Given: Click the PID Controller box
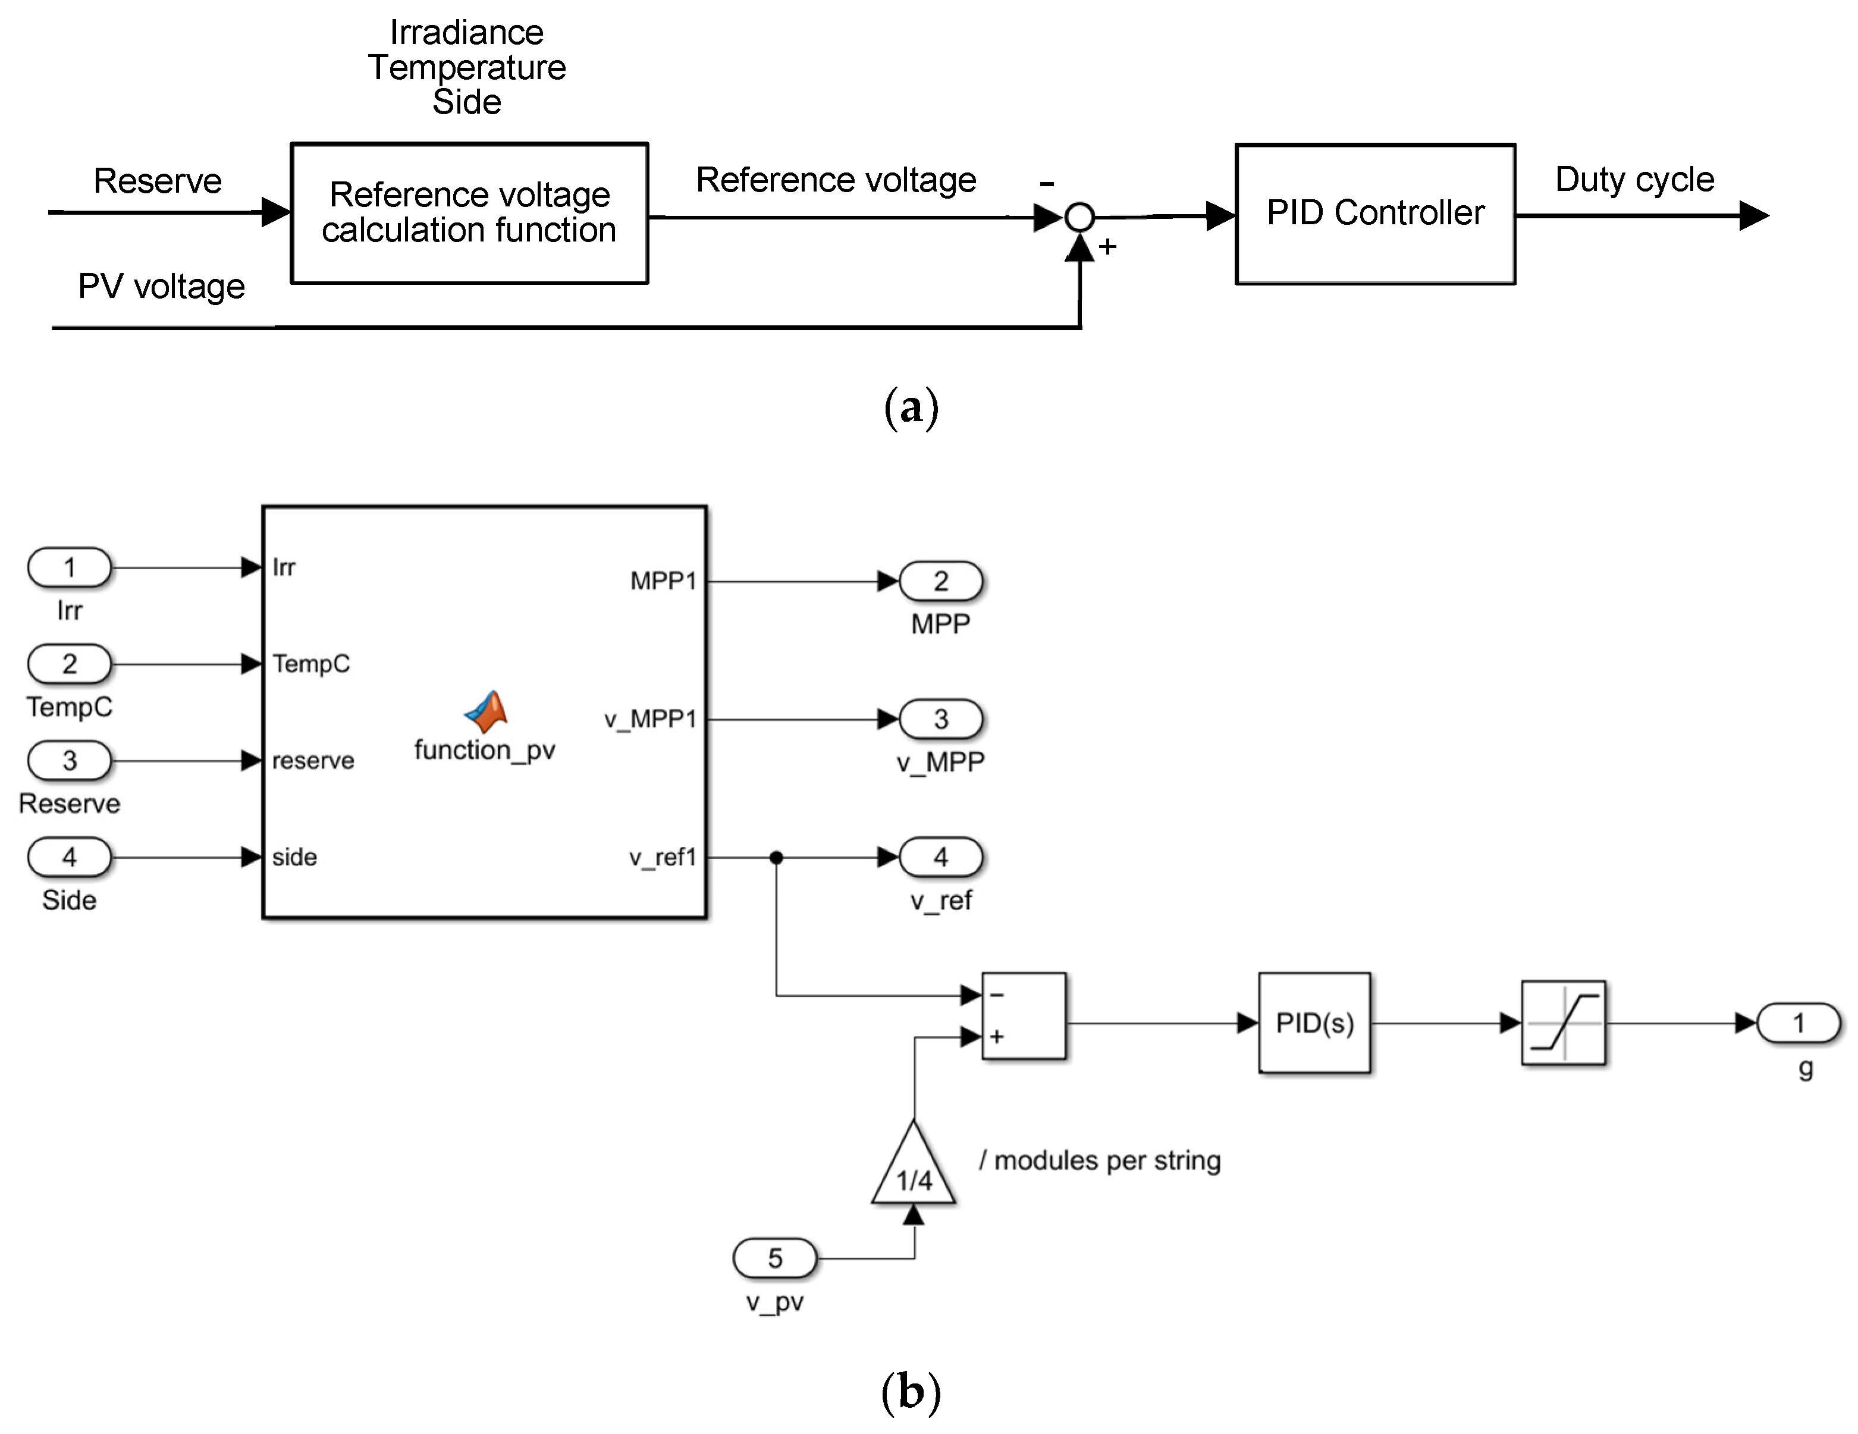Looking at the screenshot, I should [x=1375, y=214].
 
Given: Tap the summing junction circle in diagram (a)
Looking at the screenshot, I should [x=1079, y=217].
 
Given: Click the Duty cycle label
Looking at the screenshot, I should [x=1633, y=180].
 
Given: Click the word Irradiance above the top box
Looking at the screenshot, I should [x=466, y=32].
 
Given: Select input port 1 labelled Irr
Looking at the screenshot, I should [x=70, y=567].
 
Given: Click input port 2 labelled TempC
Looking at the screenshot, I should [x=70, y=663].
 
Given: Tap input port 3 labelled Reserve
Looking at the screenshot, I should [x=70, y=760].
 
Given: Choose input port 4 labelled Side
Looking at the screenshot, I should [x=70, y=856].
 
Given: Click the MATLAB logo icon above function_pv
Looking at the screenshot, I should [x=486, y=712].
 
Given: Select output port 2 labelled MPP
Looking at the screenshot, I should [x=940, y=581].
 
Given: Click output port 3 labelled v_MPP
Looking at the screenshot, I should [x=940, y=720].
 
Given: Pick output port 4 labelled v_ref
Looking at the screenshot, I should [x=940, y=856].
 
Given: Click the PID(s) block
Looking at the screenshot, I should [x=1314, y=1022].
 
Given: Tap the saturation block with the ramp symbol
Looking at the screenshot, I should [x=1563, y=1022].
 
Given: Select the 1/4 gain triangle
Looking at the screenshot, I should [x=914, y=1169].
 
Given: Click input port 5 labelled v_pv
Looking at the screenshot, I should [x=774, y=1258].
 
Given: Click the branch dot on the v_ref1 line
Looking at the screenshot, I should [x=776, y=857].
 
